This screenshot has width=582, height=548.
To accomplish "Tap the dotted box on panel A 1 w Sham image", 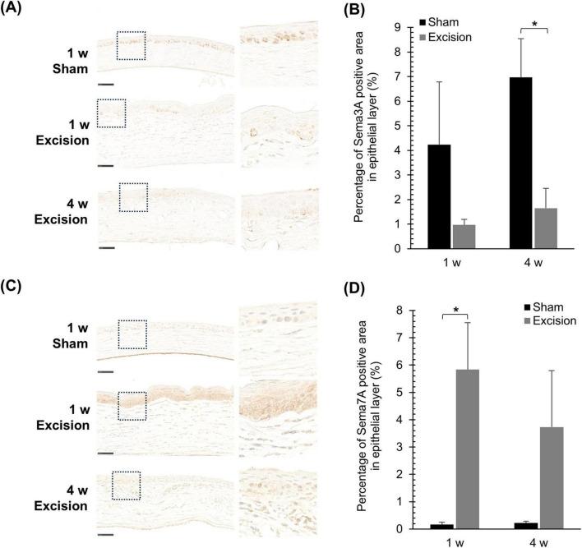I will click(131, 46).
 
